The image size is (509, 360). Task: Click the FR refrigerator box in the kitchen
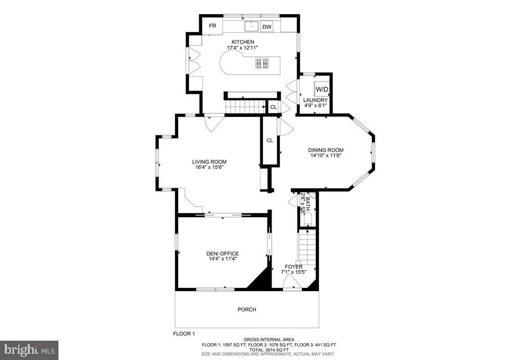point(212,26)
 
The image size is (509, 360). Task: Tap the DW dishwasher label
point(267,27)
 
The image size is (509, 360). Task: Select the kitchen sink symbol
point(251,27)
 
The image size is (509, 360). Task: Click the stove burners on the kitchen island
point(262,63)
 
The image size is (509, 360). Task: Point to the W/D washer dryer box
point(321,89)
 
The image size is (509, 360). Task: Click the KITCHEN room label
point(243,42)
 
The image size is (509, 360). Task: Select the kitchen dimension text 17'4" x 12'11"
point(243,48)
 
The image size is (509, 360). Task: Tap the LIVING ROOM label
point(209,162)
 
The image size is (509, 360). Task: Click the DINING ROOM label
point(326,150)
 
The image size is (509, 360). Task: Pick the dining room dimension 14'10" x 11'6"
point(326,156)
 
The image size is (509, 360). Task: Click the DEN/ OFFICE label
point(223,253)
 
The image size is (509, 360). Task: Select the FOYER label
point(293,267)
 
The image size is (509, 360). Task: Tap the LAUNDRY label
point(315,100)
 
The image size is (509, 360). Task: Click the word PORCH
point(247,310)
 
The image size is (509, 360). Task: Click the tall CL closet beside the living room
point(270,140)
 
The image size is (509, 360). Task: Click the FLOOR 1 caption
point(184,334)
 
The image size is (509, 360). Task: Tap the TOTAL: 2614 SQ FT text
point(269,350)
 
